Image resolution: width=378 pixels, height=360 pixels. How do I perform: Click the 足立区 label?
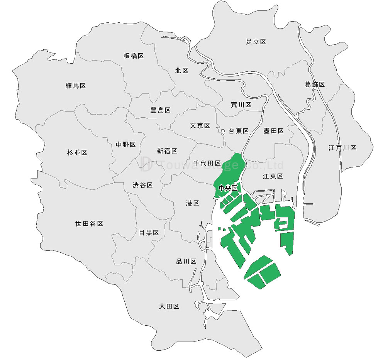(256, 42)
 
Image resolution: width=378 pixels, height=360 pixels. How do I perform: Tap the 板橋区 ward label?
(134, 56)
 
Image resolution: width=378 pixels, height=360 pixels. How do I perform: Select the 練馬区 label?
(76, 86)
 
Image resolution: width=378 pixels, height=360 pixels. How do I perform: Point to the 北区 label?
(181, 71)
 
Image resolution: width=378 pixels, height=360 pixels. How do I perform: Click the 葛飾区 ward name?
(315, 85)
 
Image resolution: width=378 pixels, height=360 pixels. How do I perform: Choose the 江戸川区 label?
(342, 148)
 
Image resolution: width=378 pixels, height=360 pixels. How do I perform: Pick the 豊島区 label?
(160, 110)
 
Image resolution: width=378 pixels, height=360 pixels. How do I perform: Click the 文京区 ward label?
(200, 126)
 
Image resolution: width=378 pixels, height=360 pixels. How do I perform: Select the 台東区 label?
(238, 131)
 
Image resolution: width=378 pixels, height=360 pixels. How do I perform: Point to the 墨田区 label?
(274, 131)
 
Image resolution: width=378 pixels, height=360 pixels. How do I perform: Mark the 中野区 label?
(126, 145)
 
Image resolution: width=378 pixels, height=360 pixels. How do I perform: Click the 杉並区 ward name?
(77, 153)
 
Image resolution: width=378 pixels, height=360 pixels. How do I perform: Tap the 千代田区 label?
(207, 164)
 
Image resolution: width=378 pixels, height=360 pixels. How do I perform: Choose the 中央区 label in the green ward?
(228, 188)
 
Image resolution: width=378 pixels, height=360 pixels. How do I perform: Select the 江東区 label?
(273, 176)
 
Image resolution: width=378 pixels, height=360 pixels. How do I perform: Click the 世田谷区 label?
(89, 224)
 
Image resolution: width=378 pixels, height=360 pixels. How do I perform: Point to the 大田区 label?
(170, 306)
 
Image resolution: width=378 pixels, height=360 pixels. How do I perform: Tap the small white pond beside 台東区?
(223, 132)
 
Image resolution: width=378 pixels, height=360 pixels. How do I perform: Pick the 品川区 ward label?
(186, 262)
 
